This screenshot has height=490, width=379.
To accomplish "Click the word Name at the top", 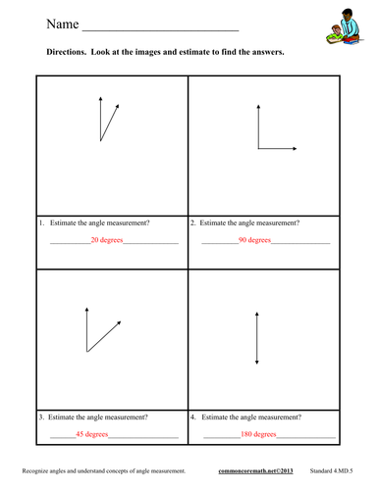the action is [x=63, y=24].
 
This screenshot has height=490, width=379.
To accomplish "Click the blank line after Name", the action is [x=161, y=30].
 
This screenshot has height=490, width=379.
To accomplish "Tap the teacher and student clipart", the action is [x=345, y=26].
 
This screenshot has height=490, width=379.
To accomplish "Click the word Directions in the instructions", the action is [x=66, y=52].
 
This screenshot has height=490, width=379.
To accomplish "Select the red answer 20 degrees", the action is [x=107, y=240].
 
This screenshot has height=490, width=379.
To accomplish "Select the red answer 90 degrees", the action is [x=254, y=240].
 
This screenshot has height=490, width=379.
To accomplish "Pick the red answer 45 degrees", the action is [x=92, y=434].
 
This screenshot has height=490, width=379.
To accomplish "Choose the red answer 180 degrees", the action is [x=258, y=434].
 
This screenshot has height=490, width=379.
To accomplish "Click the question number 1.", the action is [x=41, y=222].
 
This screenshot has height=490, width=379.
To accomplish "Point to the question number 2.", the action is [x=193, y=222].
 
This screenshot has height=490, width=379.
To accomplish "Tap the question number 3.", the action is [x=41, y=417].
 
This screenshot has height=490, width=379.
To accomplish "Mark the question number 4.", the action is [x=193, y=417].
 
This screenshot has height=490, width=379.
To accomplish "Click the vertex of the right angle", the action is [x=258, y=149].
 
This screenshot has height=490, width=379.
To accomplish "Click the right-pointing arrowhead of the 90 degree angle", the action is [x=295, y=149].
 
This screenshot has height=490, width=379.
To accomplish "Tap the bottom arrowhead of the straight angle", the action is [x=257, y=363].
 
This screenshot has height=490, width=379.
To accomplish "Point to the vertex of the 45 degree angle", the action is [x=86, y=352].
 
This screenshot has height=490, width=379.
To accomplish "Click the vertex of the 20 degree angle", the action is [x=100, y=141].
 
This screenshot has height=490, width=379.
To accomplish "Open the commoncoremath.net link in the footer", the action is [x=255, y=470].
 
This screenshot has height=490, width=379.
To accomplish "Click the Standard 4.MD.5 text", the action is [x=331, y=470].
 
